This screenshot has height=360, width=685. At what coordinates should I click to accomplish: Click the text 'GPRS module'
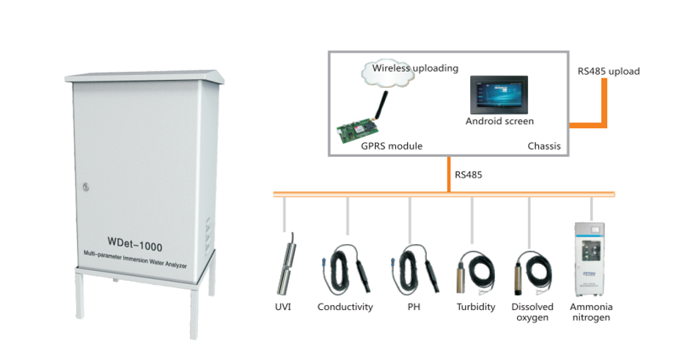click(x=392, y=146)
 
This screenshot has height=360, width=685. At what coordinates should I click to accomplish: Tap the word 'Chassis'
click(x=543, y=146)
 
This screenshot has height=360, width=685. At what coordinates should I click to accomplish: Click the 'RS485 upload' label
click(x=608, y=71)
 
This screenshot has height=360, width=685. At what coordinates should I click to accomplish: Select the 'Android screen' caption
click(x=499, y=121)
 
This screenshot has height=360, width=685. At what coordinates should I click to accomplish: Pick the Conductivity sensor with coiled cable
click(x=343, y=271)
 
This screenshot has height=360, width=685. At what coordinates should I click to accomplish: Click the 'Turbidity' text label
click(x=475, y=307)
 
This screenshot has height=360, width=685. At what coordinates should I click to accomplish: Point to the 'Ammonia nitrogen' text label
click(x=592, y=312)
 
